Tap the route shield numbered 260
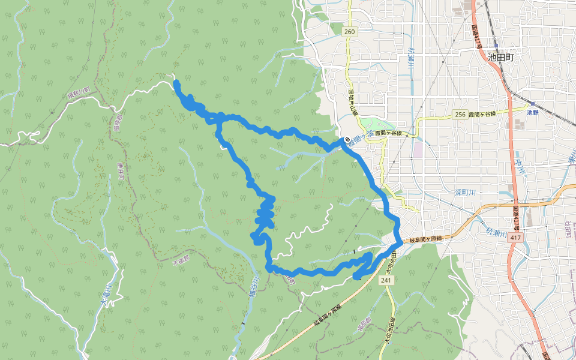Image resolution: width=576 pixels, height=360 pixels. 350,31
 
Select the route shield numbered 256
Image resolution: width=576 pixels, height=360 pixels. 460,115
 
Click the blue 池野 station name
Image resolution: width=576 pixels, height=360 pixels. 532,112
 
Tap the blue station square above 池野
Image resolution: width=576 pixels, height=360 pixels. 532,104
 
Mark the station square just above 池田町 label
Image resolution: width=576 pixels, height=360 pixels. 497,45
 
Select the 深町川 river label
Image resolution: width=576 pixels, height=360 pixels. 465,193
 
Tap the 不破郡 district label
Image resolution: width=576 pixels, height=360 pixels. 181,261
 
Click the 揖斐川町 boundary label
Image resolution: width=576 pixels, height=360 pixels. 79,94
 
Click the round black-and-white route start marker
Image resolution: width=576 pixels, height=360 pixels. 347,140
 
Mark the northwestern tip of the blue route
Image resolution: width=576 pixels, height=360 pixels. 176,82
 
